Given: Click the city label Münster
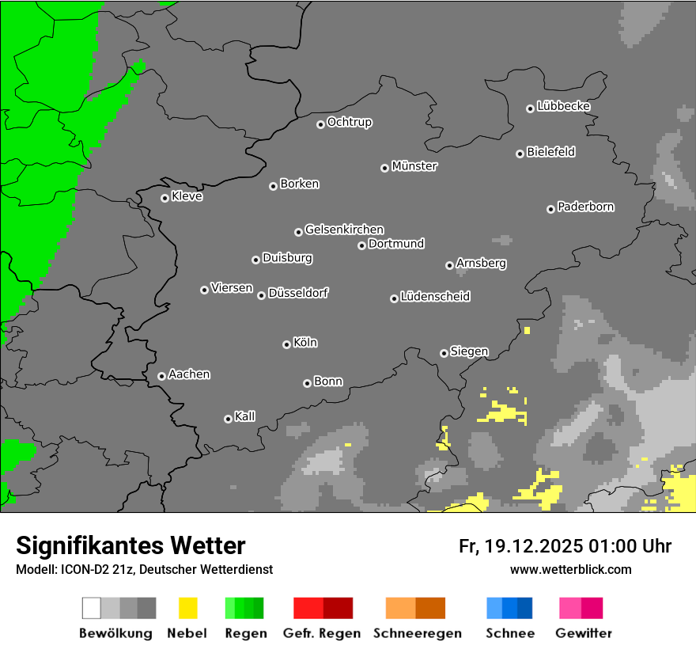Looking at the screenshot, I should pyautogui.click(x=414, y=166).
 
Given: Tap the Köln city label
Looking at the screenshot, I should pyautogui.click(x=305, y=343).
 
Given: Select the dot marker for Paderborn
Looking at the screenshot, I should pyautogui.click(x=550, y=209).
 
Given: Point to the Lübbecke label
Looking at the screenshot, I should pyautogui.click(x=563, y=106).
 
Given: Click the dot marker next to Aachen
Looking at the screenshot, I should pyautogui.click(x=161, y=376).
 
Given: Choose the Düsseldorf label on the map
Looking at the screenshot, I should pyautogui.click(x=298, y=293).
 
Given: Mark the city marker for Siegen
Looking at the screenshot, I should pyautogui.click(x=444, y=353).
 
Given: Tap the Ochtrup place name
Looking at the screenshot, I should pyautogui.click(x=350, y=122).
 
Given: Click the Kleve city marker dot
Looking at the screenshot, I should pyautogui.click(x=165, y=198).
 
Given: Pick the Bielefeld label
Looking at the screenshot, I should pyautogui.click(x=550, y=152).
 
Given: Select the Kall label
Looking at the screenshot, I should pyautogui.click(x=245, y=416).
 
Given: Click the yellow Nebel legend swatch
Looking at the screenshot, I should pyautogui.click(x=187, y=608).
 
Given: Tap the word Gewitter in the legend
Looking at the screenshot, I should pyautogui.click(x=584, y=633).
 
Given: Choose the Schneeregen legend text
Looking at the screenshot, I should pyautogui.click(x=417, y=633).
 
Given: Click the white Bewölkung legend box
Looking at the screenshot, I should pyautogui.click(x=92, y=608).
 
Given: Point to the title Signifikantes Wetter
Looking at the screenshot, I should pyautogui.click(x=130, y=545).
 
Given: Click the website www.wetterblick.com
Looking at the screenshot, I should pyautogui.click(x=570, y=569).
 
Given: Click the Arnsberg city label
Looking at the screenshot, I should pyautogui.click(x=481, y=263).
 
